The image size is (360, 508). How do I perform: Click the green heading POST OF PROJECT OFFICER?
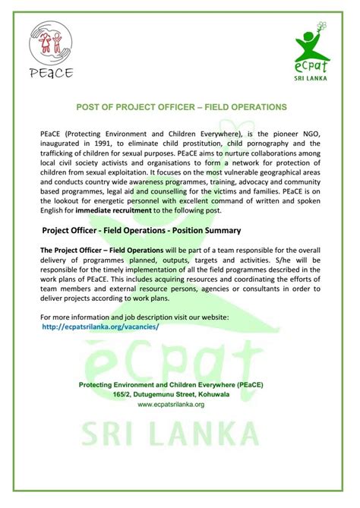pos(180,107)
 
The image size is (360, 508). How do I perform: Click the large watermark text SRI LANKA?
pos(180,456)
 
